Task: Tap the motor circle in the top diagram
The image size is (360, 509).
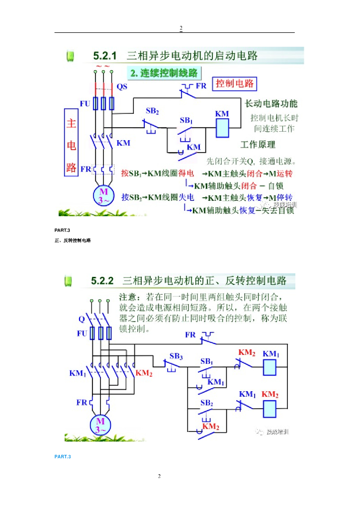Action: pos(103,195)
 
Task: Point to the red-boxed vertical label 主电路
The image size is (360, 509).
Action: pos(71,145)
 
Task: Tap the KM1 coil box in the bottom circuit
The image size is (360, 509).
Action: pos(270,367)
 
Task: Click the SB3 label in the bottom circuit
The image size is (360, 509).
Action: pos(176,356)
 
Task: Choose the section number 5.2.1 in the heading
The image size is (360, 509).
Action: pos(104,56)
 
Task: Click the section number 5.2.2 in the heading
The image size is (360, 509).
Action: pos(102,281)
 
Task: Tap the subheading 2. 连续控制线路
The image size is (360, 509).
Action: pos(164,73)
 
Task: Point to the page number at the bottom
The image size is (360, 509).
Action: pos(160,477)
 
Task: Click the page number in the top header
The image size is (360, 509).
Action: pos(181,28)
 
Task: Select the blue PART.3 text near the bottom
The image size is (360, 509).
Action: pos(63,456)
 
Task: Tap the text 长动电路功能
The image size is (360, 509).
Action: pos(271,104)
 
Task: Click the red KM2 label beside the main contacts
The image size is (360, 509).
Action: pos(144,373)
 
